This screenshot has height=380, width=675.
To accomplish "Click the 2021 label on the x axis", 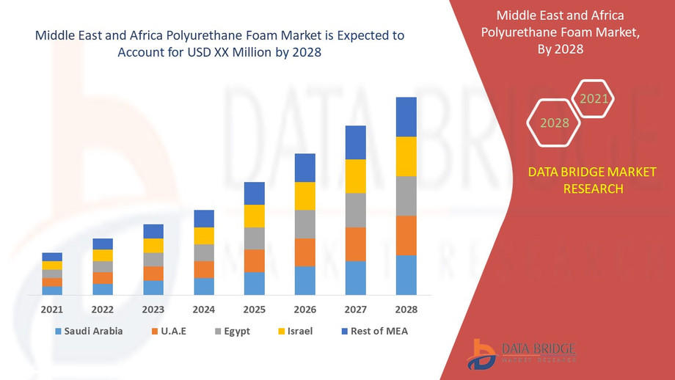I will tap(52, 309).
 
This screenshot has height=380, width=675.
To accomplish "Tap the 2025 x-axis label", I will tap(255, 309).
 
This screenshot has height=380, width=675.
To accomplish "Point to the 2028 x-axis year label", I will tap(406, 309).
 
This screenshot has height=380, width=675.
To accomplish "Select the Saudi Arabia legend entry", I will tap(88, 331).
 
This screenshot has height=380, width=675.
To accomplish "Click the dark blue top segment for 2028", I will tap(406, 117).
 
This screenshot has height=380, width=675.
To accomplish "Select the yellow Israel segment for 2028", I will tap(406, 156).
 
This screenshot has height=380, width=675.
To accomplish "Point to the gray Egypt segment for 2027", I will tap(355, 210).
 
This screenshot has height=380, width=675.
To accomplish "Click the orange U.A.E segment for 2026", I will tap(304, 252).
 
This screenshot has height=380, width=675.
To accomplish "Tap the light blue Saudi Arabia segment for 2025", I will tap(255, 283).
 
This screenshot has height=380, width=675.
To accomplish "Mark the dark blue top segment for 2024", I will tap(204, 219).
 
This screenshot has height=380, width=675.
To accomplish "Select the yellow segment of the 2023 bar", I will tap(153, 246).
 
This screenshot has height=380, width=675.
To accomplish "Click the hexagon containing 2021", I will tap(594, 98).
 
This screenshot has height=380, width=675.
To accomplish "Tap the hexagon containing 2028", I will tap(555, 123).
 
